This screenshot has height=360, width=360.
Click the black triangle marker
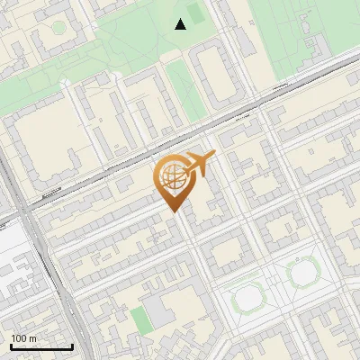(181, 24)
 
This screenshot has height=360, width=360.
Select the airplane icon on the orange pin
(198, 164)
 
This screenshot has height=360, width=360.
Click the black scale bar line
(41, 347)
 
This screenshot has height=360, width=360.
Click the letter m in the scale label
(32, 338)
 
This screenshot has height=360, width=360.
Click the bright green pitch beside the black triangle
(195, 16)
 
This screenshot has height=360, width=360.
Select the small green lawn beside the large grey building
(138, 318)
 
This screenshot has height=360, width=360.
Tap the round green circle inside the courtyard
(58, 29)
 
